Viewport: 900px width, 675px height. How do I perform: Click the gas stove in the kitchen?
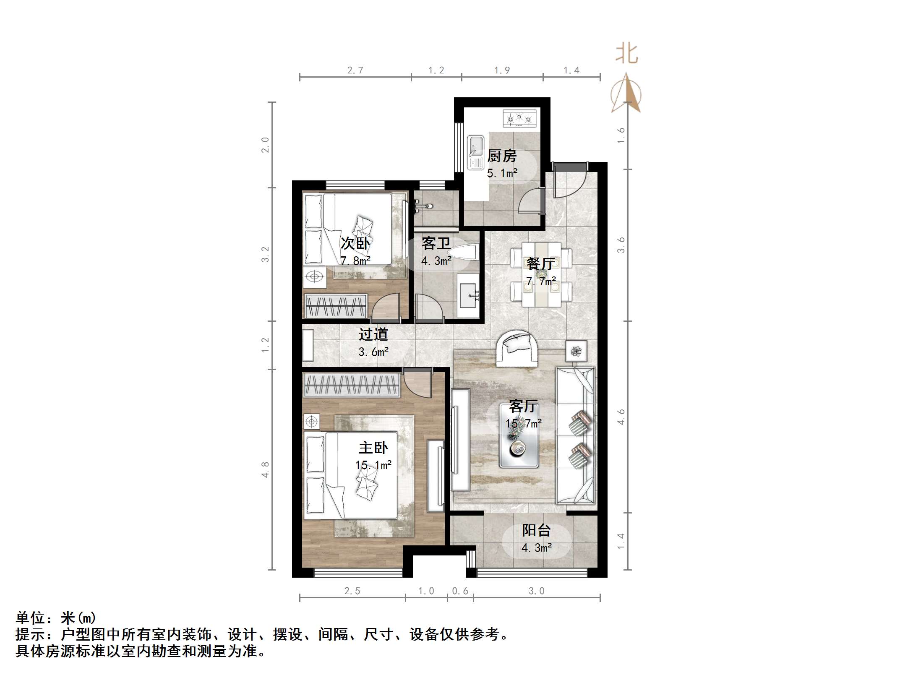[519, 118]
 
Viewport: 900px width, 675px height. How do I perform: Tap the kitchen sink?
[476, 152]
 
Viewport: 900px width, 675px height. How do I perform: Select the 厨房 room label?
[502, 156]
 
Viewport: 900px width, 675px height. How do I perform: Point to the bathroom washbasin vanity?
[468, 295]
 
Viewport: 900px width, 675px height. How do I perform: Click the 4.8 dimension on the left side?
[265, 469]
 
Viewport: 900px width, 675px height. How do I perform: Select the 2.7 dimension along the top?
[355, 70]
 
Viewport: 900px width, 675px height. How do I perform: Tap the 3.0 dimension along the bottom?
[536, 591]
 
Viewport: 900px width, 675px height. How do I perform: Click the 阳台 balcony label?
[536, 531]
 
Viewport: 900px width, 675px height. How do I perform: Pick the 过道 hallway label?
[373, 334]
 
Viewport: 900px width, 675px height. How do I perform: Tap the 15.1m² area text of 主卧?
[373, 465]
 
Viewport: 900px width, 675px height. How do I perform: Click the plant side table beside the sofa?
[576, 351]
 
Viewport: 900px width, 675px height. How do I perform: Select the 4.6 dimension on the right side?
[621, 417]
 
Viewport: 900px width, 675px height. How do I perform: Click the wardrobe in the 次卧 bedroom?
[336, 306]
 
